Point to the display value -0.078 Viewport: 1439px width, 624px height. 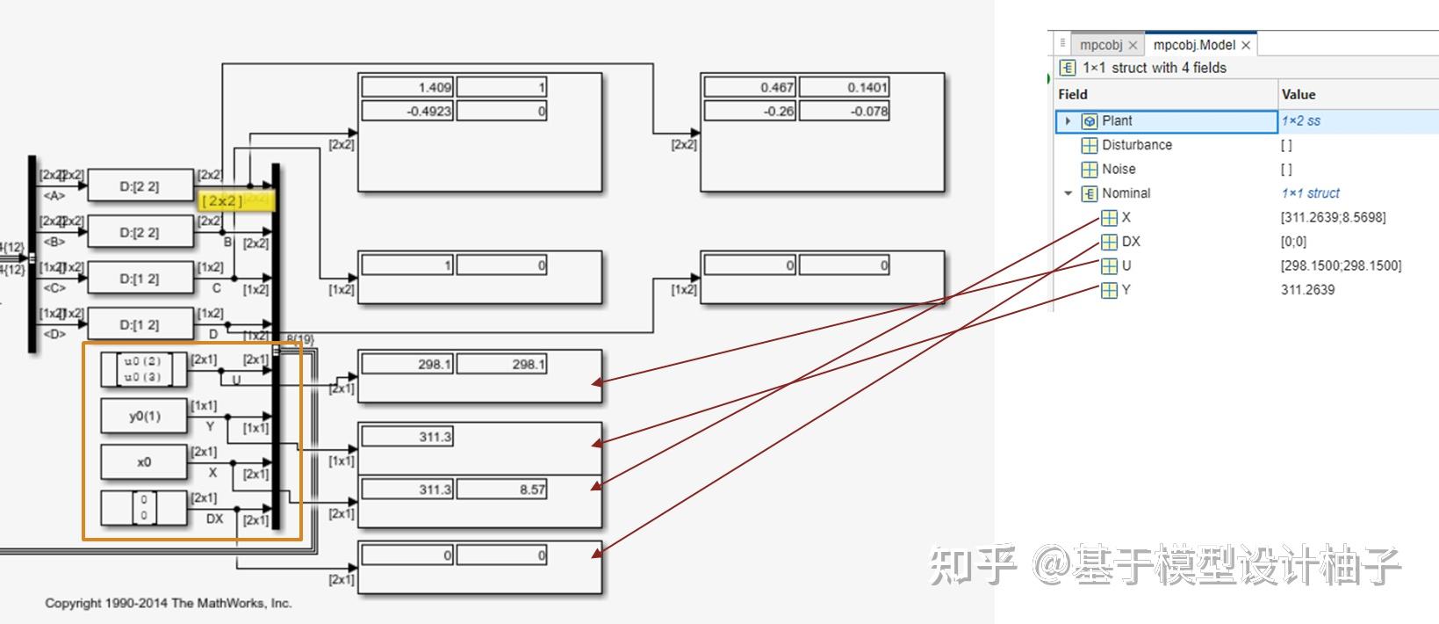(x=844, y=111)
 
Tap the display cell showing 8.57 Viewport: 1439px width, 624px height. (x=501, y=490)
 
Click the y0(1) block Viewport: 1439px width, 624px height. (x=144, y=417)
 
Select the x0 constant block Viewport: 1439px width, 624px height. (x=144, y=462)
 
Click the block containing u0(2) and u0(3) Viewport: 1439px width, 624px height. (x=143, y=370)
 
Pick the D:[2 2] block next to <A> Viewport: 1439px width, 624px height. (x=140, y=186)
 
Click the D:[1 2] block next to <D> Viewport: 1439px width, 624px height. (x=140, y=325)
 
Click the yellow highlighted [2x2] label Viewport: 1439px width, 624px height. (x=223, y=201)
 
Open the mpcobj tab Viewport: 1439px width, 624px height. (x=1100, y=45)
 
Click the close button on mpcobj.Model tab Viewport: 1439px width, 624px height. (x=1246, y=45)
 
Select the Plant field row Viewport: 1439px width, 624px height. (x=1166, y=121)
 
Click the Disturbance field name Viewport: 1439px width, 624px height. (x=1136, y=145)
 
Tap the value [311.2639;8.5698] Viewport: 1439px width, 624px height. (x=1333, y=217)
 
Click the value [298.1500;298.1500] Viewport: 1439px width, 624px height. (x=1341, y=265)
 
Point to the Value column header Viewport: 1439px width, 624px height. (x=1298, y=94)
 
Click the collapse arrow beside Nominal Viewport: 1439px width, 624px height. (x=1068, y=193)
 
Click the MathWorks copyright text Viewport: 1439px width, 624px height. (x=169, y=603)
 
